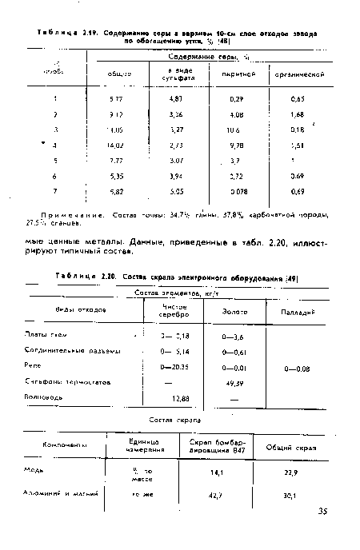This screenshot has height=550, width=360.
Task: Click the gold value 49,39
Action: [235, 382]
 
